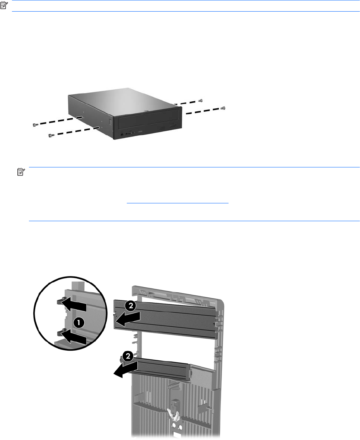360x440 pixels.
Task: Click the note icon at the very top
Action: (4, 5)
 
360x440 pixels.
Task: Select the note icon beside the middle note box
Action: (21, 172)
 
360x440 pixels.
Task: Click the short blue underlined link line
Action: (177, 203)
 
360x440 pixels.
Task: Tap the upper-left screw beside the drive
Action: (34, 124)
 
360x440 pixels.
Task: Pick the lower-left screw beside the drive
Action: (50, 136)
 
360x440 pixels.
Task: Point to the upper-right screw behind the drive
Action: (200, 101)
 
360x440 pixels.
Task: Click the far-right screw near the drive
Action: (224, 108)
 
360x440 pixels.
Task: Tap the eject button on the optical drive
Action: (172, 126)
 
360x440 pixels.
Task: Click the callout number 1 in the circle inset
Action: (79, 323)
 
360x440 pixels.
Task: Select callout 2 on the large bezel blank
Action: (131, 305)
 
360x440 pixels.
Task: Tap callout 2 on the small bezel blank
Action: (128, 356)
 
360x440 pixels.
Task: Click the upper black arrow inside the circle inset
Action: (73, 305)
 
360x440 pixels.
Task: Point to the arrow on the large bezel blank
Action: (128, 320)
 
